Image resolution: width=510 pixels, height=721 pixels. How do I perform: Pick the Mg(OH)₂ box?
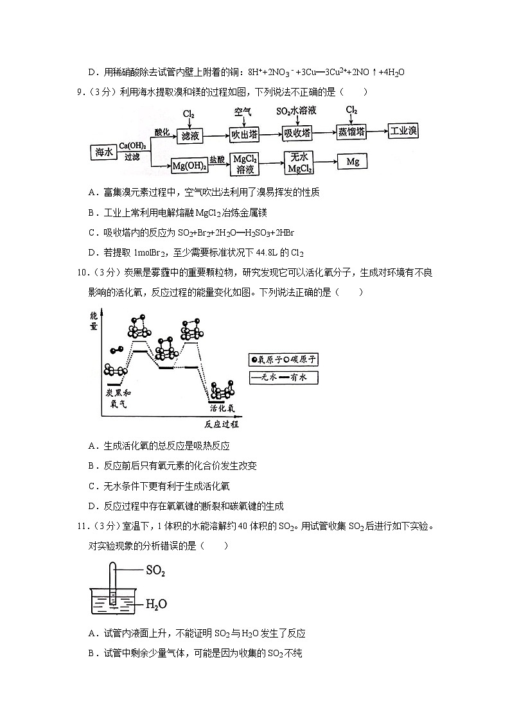(190, 166)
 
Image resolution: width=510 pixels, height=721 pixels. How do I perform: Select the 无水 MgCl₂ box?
(300, 163)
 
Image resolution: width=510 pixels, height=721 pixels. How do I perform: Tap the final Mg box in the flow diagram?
(353, 162)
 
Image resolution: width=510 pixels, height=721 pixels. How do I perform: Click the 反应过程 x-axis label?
(222, 424)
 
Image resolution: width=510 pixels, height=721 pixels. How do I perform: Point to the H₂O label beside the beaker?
(157, 604)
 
